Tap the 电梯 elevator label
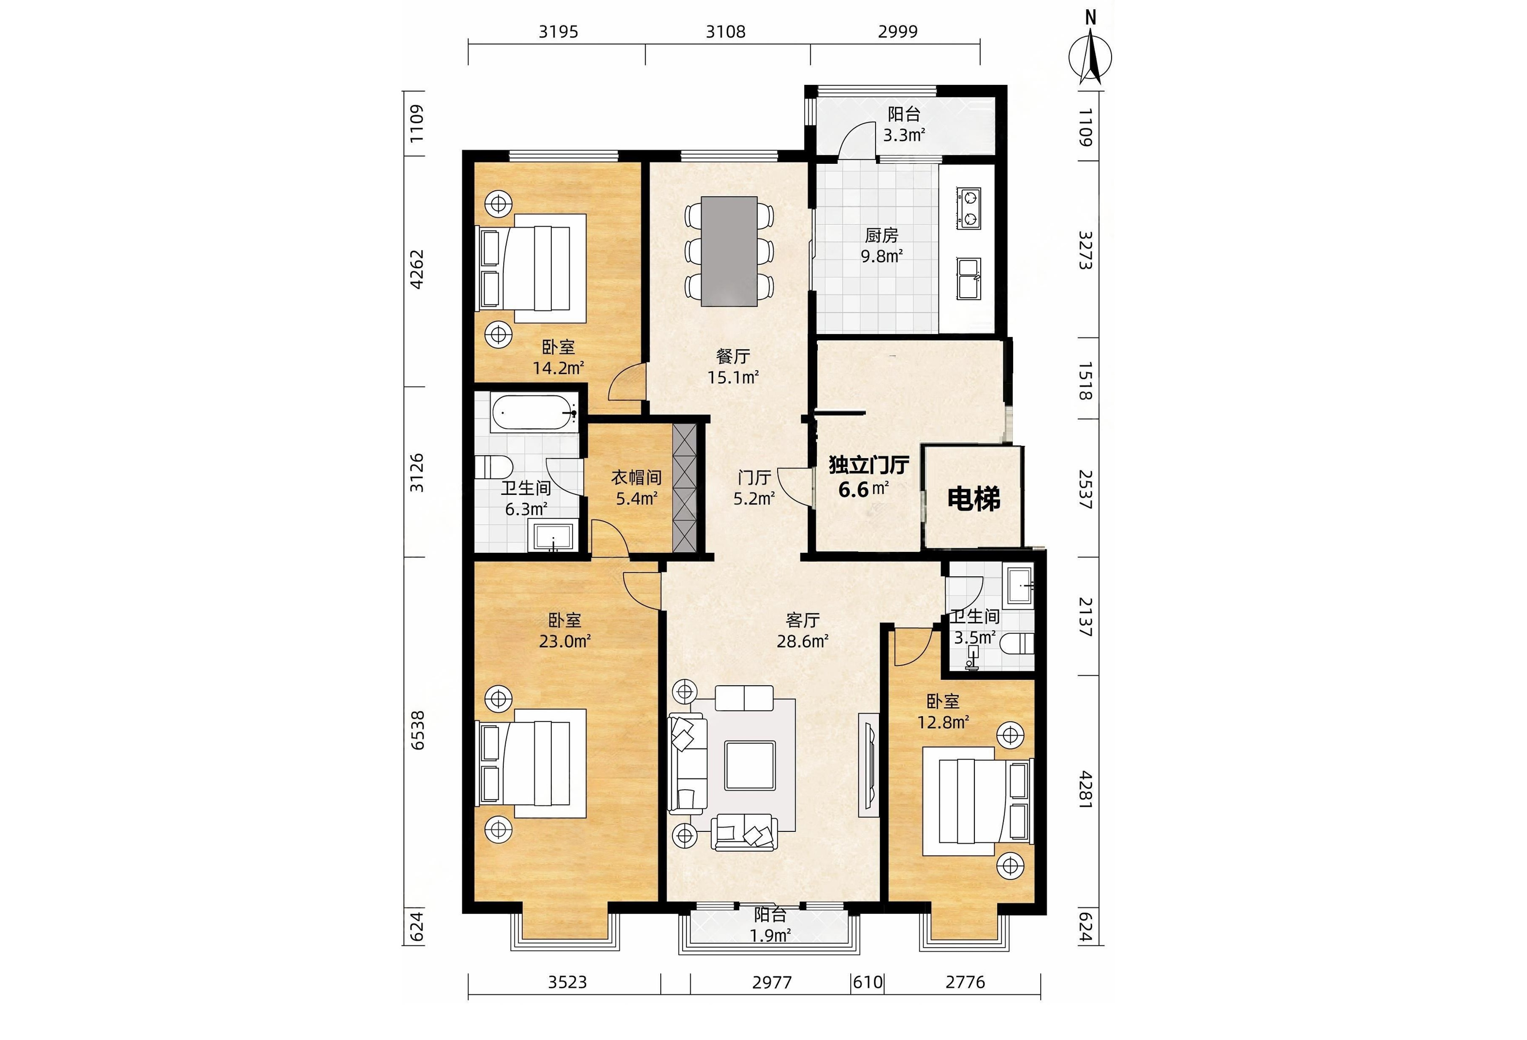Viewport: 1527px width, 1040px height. [x=974, y=499]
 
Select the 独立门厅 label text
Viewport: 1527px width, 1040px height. [x=869, y=465]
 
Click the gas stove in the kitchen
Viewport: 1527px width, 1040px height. [x=969, y=208]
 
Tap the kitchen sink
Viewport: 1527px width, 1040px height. [x=968, y=278]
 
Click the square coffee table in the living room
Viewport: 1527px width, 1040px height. [x=750, y=766]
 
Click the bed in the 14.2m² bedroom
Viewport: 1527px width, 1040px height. [x=531, y=268]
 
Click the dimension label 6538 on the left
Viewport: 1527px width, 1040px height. [x=417, y=730]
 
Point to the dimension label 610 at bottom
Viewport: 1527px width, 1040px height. [x=867, y=982]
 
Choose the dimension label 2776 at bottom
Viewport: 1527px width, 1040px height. [x=965, y=982]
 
